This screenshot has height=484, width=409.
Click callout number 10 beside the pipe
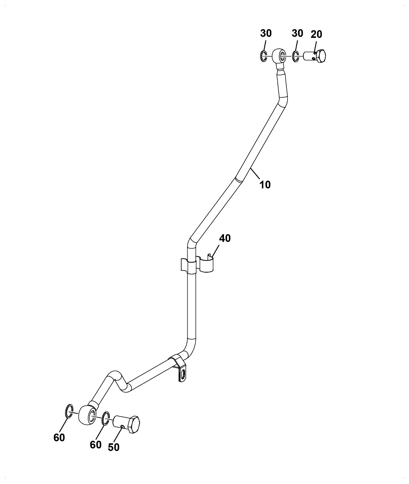pos(265,184)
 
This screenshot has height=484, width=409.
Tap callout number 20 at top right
pos(316,34)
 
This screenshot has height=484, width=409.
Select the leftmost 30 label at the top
pos(266,33)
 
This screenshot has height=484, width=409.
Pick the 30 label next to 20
pos(297,33)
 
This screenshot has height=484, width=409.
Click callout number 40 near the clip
pos(225,238)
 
